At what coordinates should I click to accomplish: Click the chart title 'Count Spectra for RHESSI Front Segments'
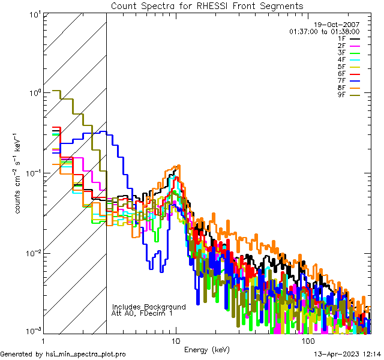pos(206,5)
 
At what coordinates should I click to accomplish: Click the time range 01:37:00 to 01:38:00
pos(325,31)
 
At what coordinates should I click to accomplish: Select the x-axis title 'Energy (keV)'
pos(206,350)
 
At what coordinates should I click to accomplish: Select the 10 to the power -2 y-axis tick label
pos(33,253)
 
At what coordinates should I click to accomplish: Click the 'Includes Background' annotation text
pos(148,307)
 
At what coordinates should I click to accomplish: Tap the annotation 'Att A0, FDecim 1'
pos(142,313)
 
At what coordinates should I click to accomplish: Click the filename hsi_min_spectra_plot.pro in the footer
pos(86,354)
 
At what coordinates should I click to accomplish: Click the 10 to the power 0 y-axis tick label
pos(34,93)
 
